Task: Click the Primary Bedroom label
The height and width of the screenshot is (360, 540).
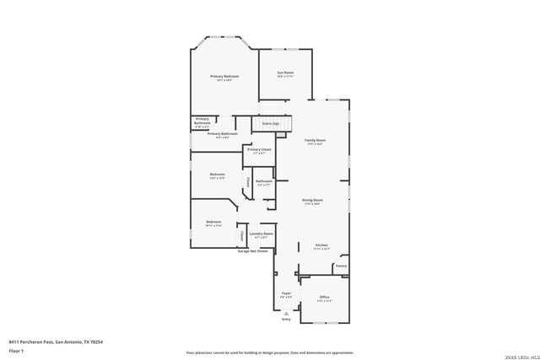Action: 224,77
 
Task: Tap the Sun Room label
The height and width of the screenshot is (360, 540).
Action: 285,73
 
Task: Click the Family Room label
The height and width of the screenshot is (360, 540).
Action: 315,140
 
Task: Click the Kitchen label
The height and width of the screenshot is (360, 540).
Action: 321,245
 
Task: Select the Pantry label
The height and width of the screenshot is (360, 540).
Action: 341,266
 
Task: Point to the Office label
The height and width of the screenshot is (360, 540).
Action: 324,297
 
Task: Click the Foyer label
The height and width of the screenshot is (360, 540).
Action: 286,293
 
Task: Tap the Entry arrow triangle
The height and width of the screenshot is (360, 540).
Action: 286,313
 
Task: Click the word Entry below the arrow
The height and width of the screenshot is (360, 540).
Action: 286,320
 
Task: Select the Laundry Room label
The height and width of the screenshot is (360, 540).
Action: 261,234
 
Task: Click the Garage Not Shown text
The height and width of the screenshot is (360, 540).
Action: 253,251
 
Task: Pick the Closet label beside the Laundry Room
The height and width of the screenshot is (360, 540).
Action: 241,235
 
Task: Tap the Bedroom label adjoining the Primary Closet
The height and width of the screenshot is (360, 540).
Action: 217,175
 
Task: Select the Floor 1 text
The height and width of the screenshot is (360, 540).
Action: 17,350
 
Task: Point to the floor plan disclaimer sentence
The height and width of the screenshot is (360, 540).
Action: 270,352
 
